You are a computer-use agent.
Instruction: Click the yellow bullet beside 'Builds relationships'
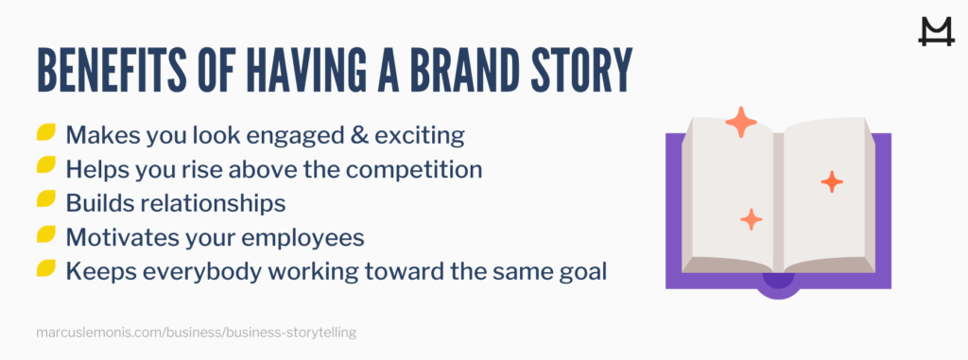45,201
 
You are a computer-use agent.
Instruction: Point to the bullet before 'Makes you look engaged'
45,133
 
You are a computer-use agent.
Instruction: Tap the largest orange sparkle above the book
741,123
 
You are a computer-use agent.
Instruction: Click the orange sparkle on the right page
832,181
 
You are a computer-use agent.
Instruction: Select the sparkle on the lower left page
752,219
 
